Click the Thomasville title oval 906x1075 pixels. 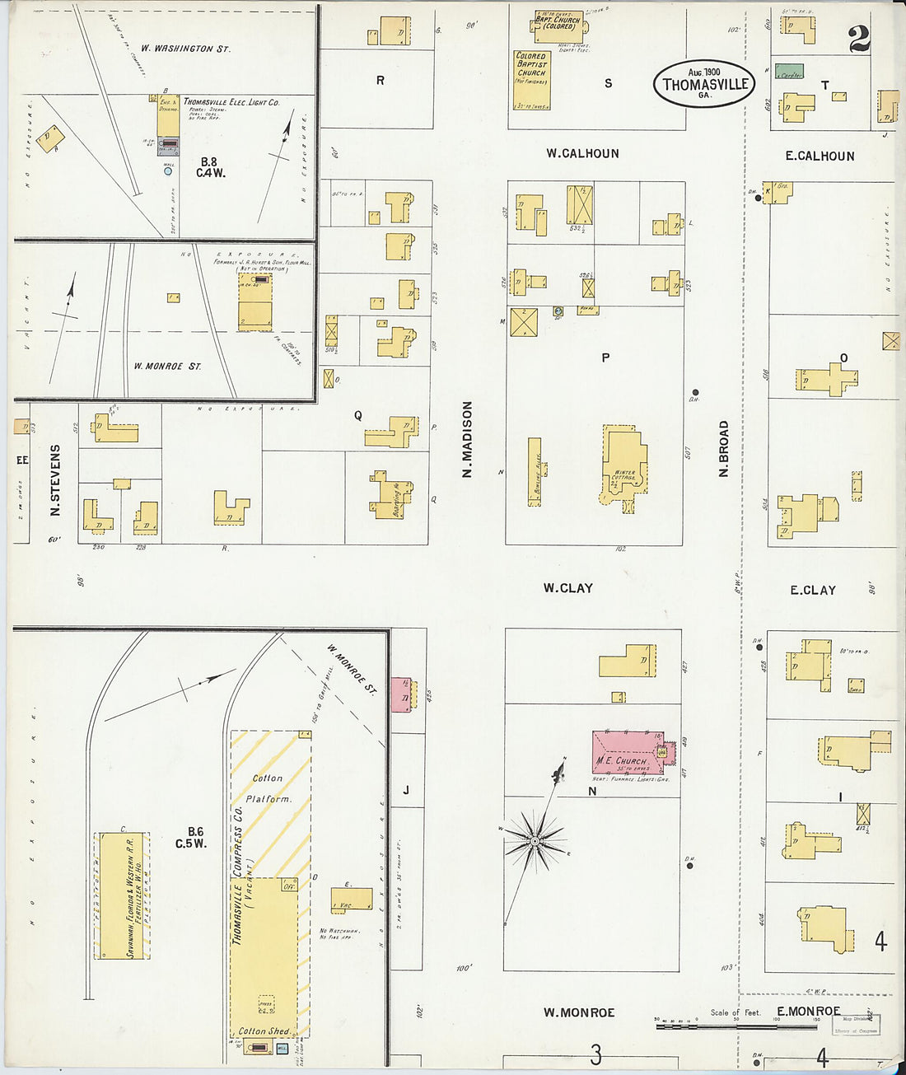click(x=704, y=82)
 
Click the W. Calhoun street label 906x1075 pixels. click(x=582, y=153)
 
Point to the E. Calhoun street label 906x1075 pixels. click(x=820, y=156)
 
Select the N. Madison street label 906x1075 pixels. click(x=467, y=440)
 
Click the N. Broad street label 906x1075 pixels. click(x=724, y=449)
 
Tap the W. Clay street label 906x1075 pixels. click(x=567, y=588)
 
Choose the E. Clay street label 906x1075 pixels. click(x=812, y=590)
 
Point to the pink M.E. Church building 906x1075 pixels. click(x=626, y=750)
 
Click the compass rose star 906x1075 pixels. click(x=535, y=840)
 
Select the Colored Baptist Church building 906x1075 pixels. click(x=531, y=79)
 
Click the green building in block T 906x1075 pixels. click(x=790, y=72)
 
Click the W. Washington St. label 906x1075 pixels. click(x=185, y=49)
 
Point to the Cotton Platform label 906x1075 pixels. click(x=268, y=788)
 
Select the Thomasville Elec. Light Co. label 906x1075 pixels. click(x=231, y=102)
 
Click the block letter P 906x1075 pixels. click(x=605, y=358)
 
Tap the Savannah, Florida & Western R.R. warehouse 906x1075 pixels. click(x=122, y=895)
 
